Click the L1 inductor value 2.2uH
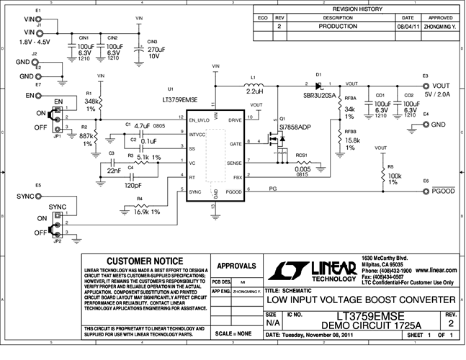[254, 92]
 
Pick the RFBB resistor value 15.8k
[352, 140]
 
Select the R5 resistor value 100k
[393, 176]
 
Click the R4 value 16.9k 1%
[147, 212]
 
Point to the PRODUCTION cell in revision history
[343, 26]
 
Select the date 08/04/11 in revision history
[407, 26]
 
